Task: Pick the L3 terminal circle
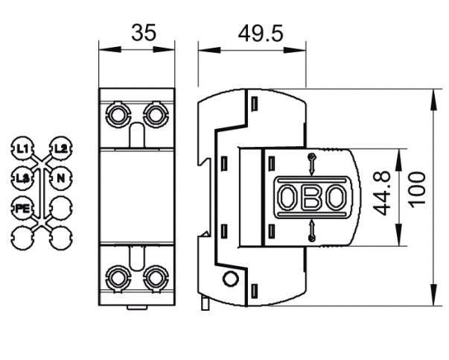pos(22,178)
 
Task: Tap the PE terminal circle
pos(22,208)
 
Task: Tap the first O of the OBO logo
pos(287,198)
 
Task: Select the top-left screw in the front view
pos(118,114)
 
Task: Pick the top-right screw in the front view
pos(155,114)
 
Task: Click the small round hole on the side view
pos(230,280)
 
